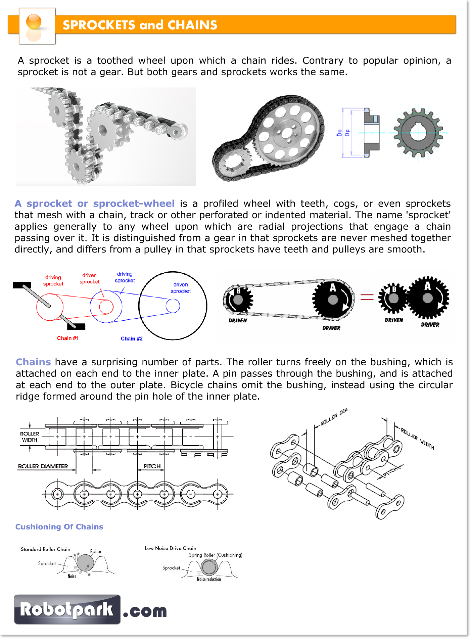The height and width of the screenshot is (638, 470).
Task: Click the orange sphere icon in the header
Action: pos(34,22)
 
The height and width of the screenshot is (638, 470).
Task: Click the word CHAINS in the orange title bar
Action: pos(192,25)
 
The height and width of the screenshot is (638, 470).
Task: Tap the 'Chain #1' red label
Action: pos(67,338)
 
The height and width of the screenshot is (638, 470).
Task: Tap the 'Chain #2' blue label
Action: pos(132,338)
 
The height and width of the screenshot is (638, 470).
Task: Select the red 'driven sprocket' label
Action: pos(90,278)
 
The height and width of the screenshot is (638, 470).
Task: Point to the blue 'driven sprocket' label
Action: pos(181,288)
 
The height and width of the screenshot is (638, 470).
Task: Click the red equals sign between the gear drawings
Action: pos(367,297)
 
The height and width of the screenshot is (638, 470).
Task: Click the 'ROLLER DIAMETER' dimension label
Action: pos(43,466)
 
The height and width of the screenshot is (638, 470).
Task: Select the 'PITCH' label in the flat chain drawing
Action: pos(152,466)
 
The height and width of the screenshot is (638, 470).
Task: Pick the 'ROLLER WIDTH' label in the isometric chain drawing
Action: pos(418,438)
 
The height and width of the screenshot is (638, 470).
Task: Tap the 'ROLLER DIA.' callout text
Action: pos(334,417)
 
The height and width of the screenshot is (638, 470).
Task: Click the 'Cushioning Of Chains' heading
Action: pos(59,527)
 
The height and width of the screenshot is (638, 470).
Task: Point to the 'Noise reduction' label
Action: pos(209,579)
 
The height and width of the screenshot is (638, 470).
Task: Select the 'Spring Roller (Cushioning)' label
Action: pos(216,555)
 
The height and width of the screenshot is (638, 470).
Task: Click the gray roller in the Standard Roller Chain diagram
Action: pos(85,562)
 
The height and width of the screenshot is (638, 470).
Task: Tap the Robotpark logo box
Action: pos(67,609)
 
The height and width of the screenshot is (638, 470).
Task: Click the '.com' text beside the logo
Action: pos(145,611)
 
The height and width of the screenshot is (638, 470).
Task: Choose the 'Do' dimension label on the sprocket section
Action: pos(339,133)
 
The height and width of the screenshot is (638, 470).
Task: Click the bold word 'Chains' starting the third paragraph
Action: pos(33,362)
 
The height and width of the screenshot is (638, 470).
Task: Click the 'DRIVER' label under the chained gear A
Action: pos(331,328)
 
